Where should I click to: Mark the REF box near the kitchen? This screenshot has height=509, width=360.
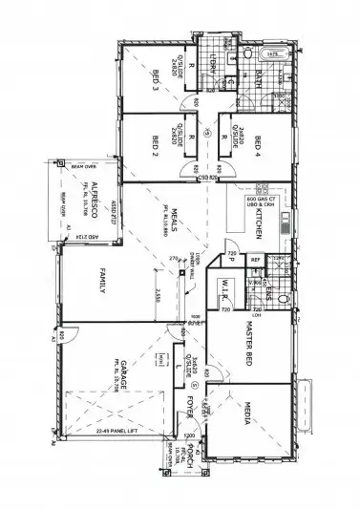coord(255,259)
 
